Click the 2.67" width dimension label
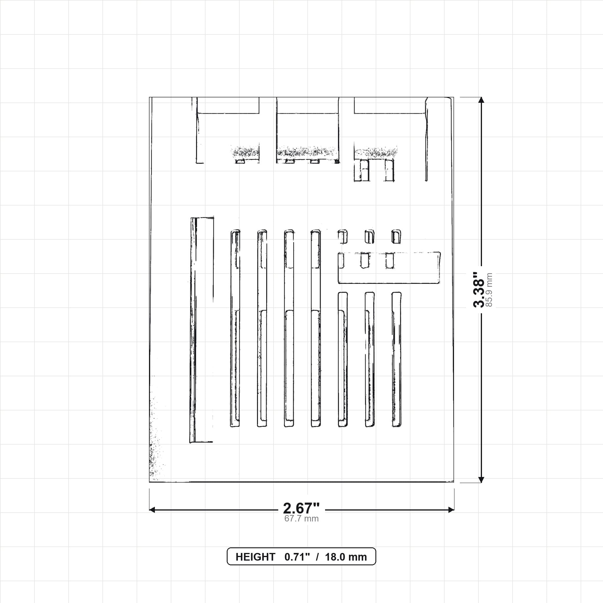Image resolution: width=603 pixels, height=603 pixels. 301,508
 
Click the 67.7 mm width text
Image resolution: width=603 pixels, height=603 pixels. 301,519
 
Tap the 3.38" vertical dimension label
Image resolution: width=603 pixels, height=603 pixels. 478,290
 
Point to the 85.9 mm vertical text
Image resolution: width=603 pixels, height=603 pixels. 489,290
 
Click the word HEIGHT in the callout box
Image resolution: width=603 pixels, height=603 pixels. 255,557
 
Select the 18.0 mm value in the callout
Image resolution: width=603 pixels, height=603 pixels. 346,557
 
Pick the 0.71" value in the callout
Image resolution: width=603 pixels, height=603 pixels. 297,557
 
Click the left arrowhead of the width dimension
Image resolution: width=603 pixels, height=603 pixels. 152,510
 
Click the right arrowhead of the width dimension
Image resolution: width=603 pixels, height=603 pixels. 451,510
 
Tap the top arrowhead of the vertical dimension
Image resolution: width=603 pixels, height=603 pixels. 481,100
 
